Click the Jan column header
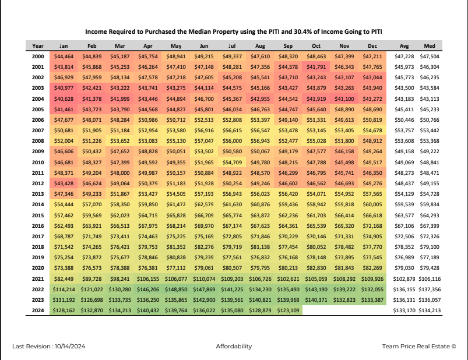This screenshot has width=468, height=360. pos(64,46)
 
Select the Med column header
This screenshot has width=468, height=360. pos(430,46)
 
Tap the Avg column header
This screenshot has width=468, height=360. pos(404,46)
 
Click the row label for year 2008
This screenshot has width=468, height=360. pos(38,141)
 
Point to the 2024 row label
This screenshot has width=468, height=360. pos(38,310)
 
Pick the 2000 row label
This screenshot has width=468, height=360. pos(38,57)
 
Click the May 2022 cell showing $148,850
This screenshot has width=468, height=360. pos(176,290)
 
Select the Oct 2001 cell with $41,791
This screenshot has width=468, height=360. pos(316,67)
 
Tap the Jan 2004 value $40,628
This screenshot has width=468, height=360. pos(64,98)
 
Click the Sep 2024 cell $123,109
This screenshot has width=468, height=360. pos(288,310)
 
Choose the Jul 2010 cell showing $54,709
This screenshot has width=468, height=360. pos(232,163)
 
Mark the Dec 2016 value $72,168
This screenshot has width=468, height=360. pos(372,226)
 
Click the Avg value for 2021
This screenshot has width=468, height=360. pos(404,279)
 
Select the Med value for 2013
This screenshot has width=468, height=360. pos(430,194)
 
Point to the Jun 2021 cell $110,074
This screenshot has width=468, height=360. pos(204,279)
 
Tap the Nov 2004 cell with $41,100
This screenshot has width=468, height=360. pos(344,98)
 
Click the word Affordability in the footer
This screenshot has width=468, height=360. pos(234,346)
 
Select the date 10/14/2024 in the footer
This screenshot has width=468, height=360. pos(70,346)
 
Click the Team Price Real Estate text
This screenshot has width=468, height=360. pos(416,346)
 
